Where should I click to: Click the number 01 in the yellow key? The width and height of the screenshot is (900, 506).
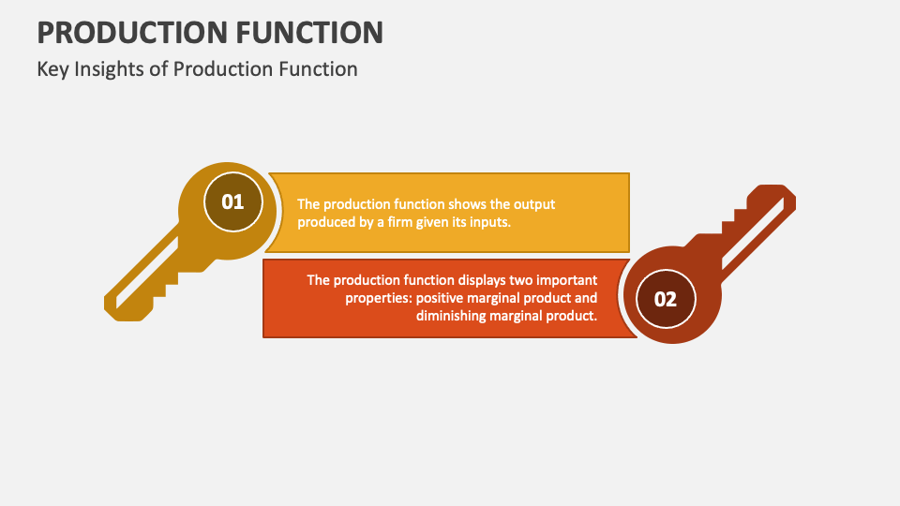pyautogui.click(x=232, y=201)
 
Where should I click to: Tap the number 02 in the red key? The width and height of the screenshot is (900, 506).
pyautogui.click(x=665, y=300)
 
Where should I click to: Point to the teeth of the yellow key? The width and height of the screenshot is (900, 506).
pyautogui.click(x=169, y=281)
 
